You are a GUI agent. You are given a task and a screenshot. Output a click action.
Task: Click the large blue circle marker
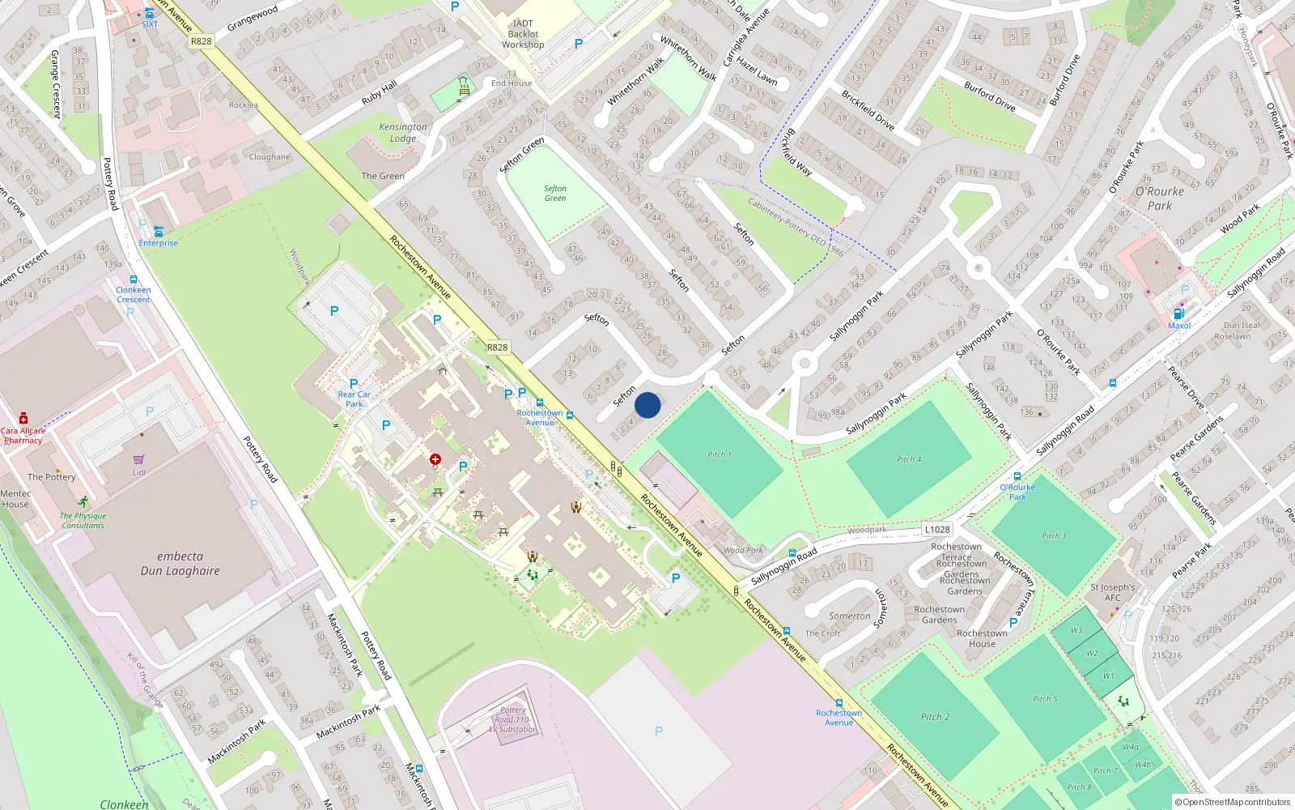[647, 405]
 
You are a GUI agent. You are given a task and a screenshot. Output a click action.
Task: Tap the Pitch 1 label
[719, 454]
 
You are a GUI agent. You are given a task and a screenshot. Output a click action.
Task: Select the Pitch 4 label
[909, 459]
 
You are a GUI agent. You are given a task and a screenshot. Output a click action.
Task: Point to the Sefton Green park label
[555, 194]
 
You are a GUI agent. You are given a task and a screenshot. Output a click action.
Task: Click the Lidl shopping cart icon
[139, 459]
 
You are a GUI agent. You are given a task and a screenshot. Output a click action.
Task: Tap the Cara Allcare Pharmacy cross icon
[23, 418]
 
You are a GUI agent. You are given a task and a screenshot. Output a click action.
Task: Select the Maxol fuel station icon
[1178, 313]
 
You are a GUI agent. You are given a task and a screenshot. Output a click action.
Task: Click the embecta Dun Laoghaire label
[180, 564]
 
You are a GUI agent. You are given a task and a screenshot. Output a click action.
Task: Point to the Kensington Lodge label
[402, 133]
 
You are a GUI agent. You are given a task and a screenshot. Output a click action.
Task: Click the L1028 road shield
[937, 529]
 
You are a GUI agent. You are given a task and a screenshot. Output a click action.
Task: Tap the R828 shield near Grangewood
[202, 41]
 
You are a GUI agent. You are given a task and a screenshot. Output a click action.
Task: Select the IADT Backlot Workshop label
[523, 34]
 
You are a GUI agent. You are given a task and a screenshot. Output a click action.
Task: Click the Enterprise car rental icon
[158, 232]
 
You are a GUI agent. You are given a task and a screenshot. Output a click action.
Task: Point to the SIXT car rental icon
[150, 14]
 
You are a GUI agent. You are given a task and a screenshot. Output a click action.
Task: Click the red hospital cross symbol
[435, 460]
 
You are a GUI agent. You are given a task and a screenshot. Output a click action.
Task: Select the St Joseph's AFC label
[1113, 592]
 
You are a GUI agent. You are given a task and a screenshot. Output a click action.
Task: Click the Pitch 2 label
[935, 717]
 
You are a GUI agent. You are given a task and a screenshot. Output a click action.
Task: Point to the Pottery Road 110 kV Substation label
[513, 719]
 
